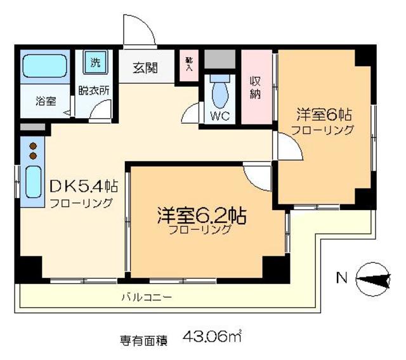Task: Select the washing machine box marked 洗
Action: tap(95, 62)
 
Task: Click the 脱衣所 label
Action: tap(94, 90)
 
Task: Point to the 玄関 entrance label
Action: tap(146, 67)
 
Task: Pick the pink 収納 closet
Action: tap(256, 87)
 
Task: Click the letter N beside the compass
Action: tap(341, 277)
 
